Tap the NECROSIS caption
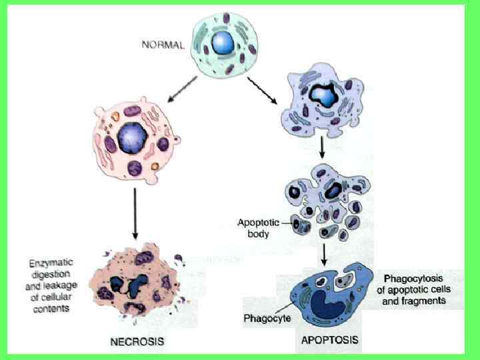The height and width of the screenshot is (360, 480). tap(136, 342)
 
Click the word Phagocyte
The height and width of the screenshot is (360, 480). tap(266, 319)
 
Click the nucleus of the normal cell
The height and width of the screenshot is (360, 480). tap(222, 44)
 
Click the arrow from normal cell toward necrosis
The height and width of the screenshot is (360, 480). tap(181, 90)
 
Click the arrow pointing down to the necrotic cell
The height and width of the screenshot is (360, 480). tap(135, 213)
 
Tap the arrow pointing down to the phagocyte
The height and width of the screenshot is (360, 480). tap(323, 253)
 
